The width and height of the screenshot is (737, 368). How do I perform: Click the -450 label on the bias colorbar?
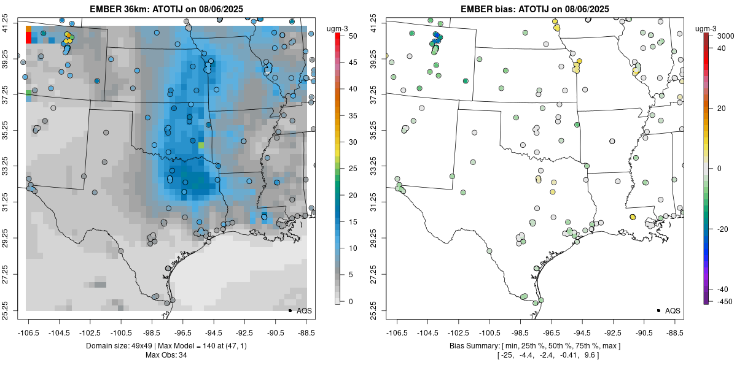(x=720, y=301)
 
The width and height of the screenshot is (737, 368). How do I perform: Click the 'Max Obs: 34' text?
(x=166, y=355)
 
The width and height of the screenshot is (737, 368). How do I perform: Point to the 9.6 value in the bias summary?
(x=592, y=355)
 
